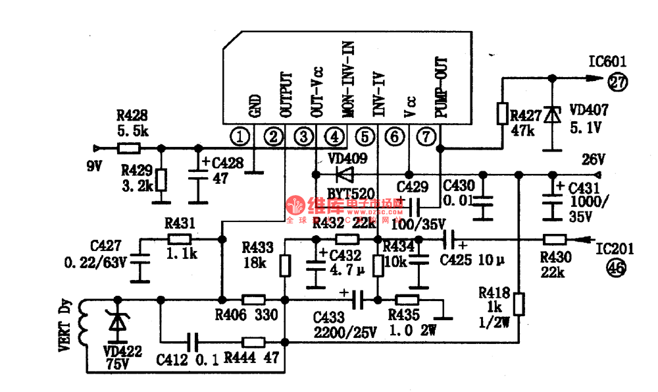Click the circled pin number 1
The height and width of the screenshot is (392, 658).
coord(241,136)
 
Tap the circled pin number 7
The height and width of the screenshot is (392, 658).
coord(427,136)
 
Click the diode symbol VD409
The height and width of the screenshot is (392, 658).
coord(343,174)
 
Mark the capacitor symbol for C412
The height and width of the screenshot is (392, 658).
coord(191,342)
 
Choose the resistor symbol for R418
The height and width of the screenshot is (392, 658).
coord(519,304)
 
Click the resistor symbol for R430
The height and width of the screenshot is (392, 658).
coord(555,240)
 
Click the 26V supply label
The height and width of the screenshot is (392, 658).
coord(593,161)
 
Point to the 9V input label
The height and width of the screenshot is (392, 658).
coord(95,166)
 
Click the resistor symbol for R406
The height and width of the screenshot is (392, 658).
coord(253,299)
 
